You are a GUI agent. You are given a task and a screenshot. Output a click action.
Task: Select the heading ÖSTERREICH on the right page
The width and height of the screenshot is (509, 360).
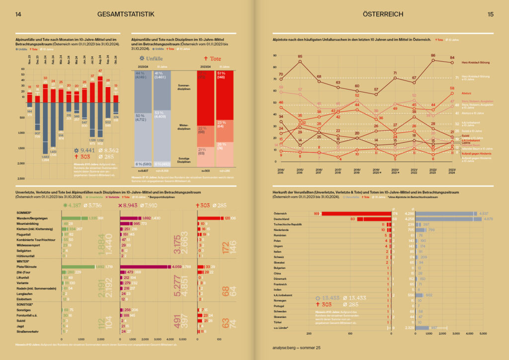(x=384, y=14)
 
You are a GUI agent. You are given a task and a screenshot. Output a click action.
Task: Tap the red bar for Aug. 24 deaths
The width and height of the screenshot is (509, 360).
(x=100, y=85)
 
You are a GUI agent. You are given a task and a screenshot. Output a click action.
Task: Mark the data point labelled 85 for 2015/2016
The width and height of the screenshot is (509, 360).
(x=300, y=62)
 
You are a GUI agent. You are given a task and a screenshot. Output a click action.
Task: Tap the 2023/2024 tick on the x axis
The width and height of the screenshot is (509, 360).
(x=452, y=171)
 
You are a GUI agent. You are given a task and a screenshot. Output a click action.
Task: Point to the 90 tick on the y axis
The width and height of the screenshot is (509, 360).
(x=275, y=56)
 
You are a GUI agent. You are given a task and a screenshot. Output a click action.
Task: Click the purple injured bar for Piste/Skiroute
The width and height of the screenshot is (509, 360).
(x=144, y=267)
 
